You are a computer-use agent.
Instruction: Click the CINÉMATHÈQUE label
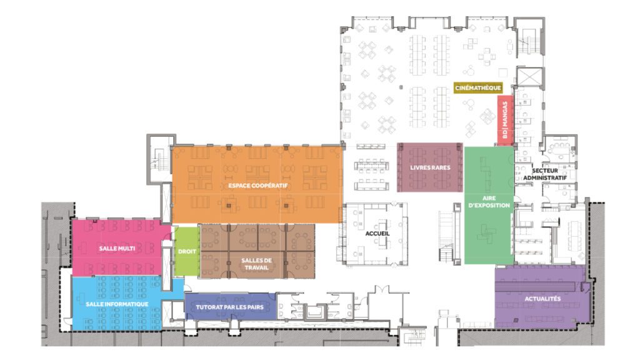477,88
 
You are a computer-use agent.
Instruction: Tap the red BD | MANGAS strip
505,120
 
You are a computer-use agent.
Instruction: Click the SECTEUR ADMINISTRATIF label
549,174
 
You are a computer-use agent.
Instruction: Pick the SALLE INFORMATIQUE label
117,304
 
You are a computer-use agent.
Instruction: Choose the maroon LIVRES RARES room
430,181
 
